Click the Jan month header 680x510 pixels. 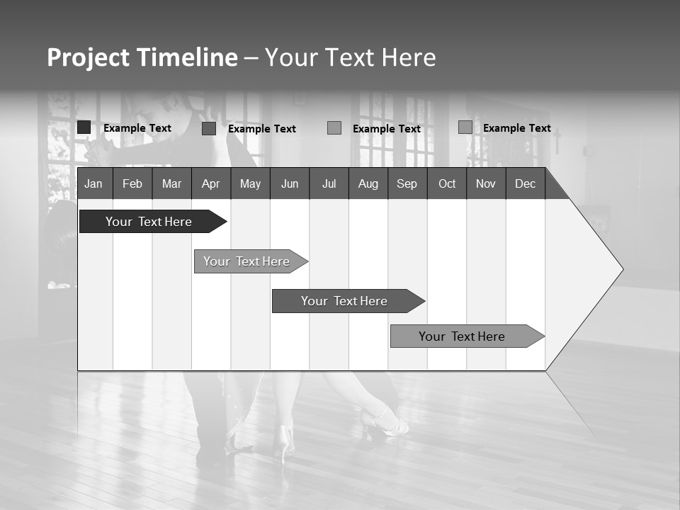tap(93, 183)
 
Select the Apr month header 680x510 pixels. tap(210, 183)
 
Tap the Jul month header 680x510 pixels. tap(329, 183)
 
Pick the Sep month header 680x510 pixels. tap(407, 183)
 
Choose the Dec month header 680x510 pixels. tap(525, 183)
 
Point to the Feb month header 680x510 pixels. tap(132, 183)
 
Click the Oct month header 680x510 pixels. tap(447, 183)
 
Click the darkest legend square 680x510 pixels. tap(84, 127)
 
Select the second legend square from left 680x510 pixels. tap(208, 128)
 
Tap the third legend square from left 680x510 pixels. tap(334, 128)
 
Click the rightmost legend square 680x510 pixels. tap(465, 127)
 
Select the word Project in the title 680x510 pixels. tap(87, 57)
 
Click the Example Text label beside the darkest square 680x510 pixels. tap(137, 128)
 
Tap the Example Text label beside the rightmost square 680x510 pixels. tap(517, 128)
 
